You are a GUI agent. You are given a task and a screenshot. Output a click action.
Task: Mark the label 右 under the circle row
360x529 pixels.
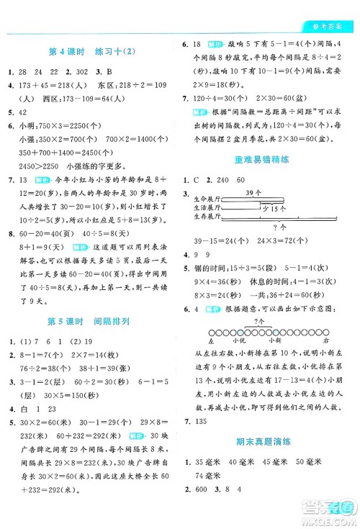pyautogui.click(x=326, y=339)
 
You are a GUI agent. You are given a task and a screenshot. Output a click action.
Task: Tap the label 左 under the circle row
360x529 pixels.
pyautogui.click(x=210, y=339)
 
